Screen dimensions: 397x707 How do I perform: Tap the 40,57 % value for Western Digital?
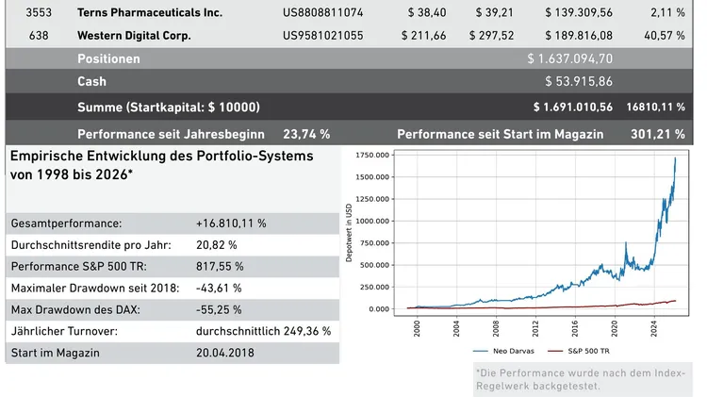[x=665, y=36]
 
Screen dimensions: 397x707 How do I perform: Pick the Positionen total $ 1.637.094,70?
[x=570, y=58]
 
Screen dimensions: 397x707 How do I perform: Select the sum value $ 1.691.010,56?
[x=572, y=107]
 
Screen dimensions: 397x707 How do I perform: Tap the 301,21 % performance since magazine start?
[x=657, y=134]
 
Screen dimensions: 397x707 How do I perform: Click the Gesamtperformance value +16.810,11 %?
[x=231, y=223]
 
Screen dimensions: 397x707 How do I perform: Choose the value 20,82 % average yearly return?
[x=216, y=245]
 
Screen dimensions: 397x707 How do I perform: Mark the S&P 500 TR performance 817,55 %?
[x=219, y=267]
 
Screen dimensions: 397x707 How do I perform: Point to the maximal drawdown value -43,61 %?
[x=219, y=289]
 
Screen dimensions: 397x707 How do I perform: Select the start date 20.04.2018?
[x=225, y=354]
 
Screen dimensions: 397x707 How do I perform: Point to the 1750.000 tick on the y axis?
[x=370, y=156]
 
